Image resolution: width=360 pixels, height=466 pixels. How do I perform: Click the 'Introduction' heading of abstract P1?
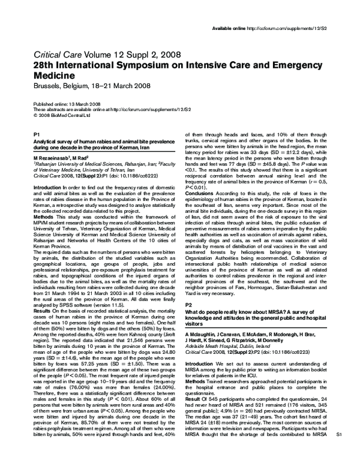(47, 188)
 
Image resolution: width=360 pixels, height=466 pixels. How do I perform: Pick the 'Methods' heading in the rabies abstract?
(43, 211)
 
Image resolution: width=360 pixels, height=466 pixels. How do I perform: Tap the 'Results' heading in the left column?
(43, 296)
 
